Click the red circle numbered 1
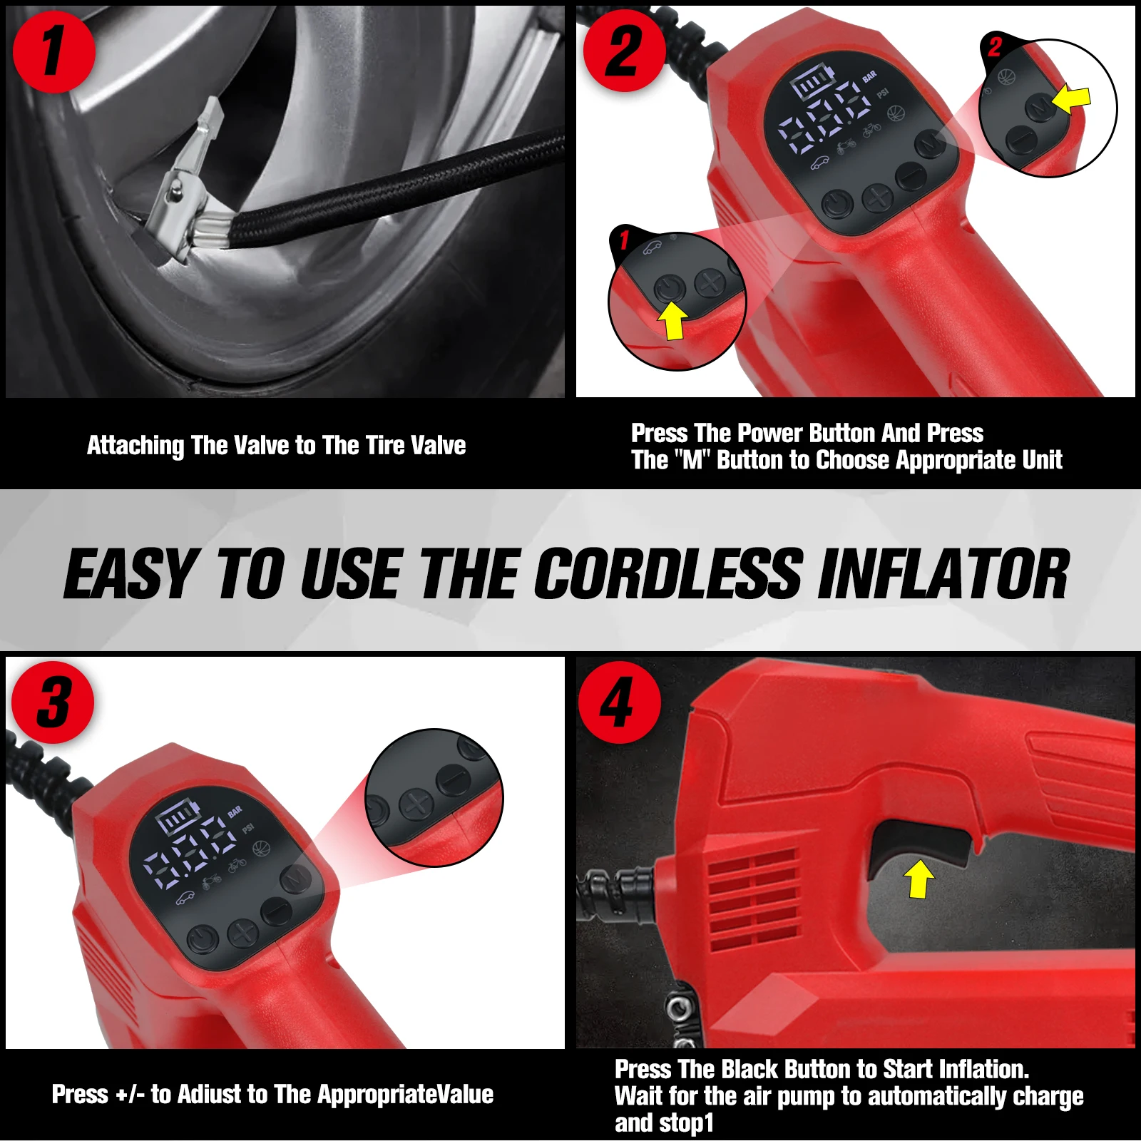point(53,51)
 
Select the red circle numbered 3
point(53,702)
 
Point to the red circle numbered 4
point(619,702)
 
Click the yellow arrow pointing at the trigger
point(919,878)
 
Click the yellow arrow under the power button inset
point(672,320)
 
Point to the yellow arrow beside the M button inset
point(1071,100)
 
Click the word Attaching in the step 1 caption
point(135,446)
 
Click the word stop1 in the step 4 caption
point(688,1122)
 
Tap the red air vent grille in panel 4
point(754,899)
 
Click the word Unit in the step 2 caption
point(1042,460)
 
